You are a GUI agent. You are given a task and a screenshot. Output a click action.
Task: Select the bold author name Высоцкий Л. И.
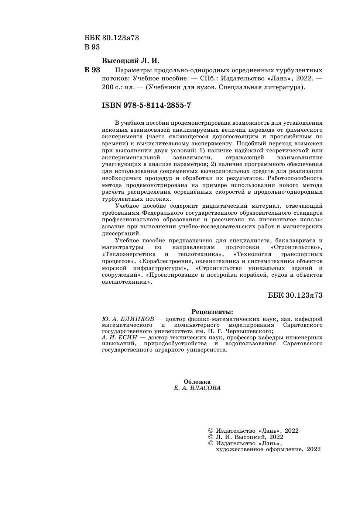(130, 60)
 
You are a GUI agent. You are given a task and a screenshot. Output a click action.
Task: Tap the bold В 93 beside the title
(92, 70)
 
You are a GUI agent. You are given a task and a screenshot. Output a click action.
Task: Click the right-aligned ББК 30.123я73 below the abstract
(295, 295)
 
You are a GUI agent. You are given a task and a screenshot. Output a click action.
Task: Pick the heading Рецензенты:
(212, 312)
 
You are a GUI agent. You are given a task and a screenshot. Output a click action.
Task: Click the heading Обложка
(197, 382)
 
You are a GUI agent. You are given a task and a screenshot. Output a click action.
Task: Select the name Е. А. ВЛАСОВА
(197, 388)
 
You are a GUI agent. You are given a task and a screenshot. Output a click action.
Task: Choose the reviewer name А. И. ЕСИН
(119, 337)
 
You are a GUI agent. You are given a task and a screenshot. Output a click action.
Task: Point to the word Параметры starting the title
(133, 70)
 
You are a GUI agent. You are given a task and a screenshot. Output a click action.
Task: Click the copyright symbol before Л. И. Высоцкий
(211, 437)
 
